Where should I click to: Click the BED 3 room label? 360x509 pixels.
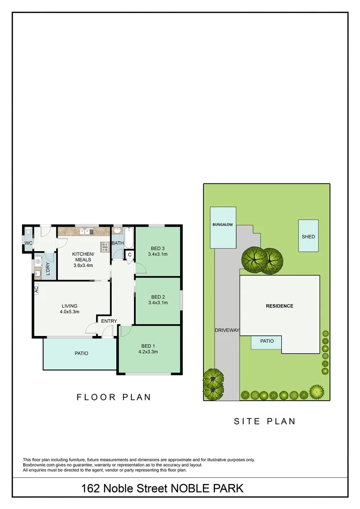tap(158, 248)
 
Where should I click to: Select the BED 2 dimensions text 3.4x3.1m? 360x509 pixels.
tap(158, 303)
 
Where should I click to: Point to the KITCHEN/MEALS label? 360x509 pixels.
tap(83, 257)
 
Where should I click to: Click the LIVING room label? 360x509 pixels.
tap(69, 306)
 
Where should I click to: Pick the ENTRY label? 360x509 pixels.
tap(109, 321)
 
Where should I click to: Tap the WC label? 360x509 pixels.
tap(28, 243)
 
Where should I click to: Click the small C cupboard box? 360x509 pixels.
tap(130, 255)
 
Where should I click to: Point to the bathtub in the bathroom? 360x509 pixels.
tap(129, 238)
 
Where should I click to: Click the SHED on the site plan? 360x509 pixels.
tap(308, 236)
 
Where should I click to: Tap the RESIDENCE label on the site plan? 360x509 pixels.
tap(279, 306)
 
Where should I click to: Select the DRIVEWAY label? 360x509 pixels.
tap(227, 330)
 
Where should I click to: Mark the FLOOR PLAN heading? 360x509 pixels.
tap(114, 397)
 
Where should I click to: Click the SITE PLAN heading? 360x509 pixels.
tap(265, 421)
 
